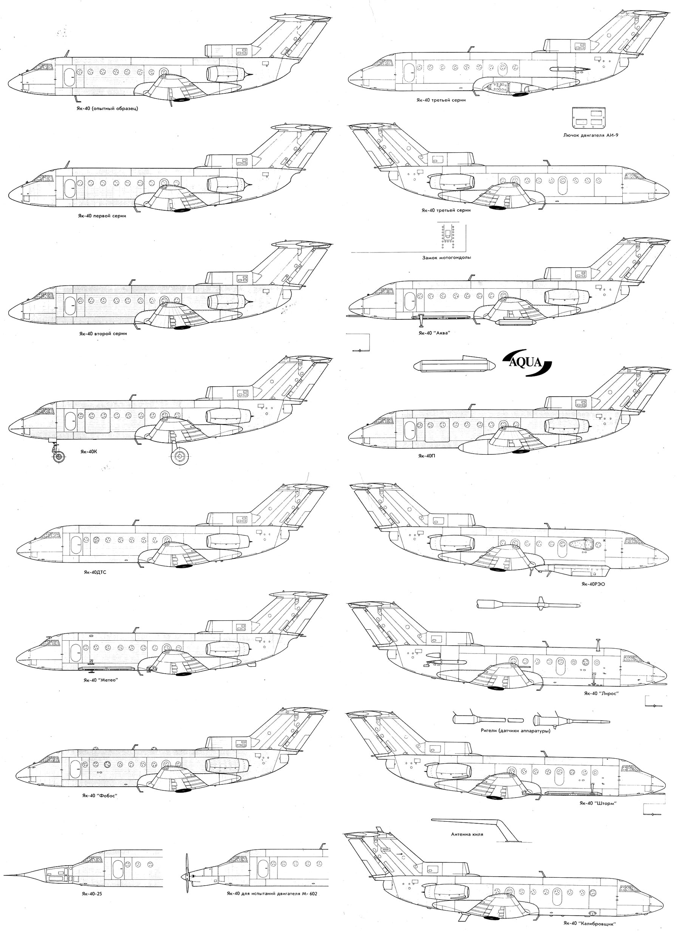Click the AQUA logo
tap(527, 363)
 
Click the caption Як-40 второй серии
tap(103, 333)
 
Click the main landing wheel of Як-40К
tap(180, 457)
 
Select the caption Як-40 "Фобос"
tap(99, 795)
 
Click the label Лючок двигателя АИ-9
tap(590, 135)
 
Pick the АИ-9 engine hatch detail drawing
tap(589, 118)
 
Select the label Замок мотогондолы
tap(447, 257)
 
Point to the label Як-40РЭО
tap(593, 584)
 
